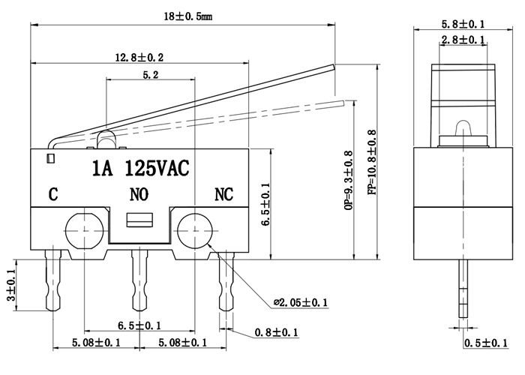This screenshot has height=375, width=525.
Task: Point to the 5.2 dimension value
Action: point(149,75)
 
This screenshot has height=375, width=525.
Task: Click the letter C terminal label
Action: point(53,195)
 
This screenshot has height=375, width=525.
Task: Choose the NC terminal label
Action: point(224,195)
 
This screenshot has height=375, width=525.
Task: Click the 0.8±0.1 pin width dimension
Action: point(276,332)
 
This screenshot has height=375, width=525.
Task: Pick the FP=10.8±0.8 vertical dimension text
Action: point(372,163)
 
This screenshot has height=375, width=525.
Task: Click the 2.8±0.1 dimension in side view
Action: point(462,40)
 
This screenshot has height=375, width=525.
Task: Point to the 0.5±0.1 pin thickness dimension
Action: point(484,343)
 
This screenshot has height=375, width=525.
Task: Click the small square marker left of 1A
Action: point(49,158)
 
